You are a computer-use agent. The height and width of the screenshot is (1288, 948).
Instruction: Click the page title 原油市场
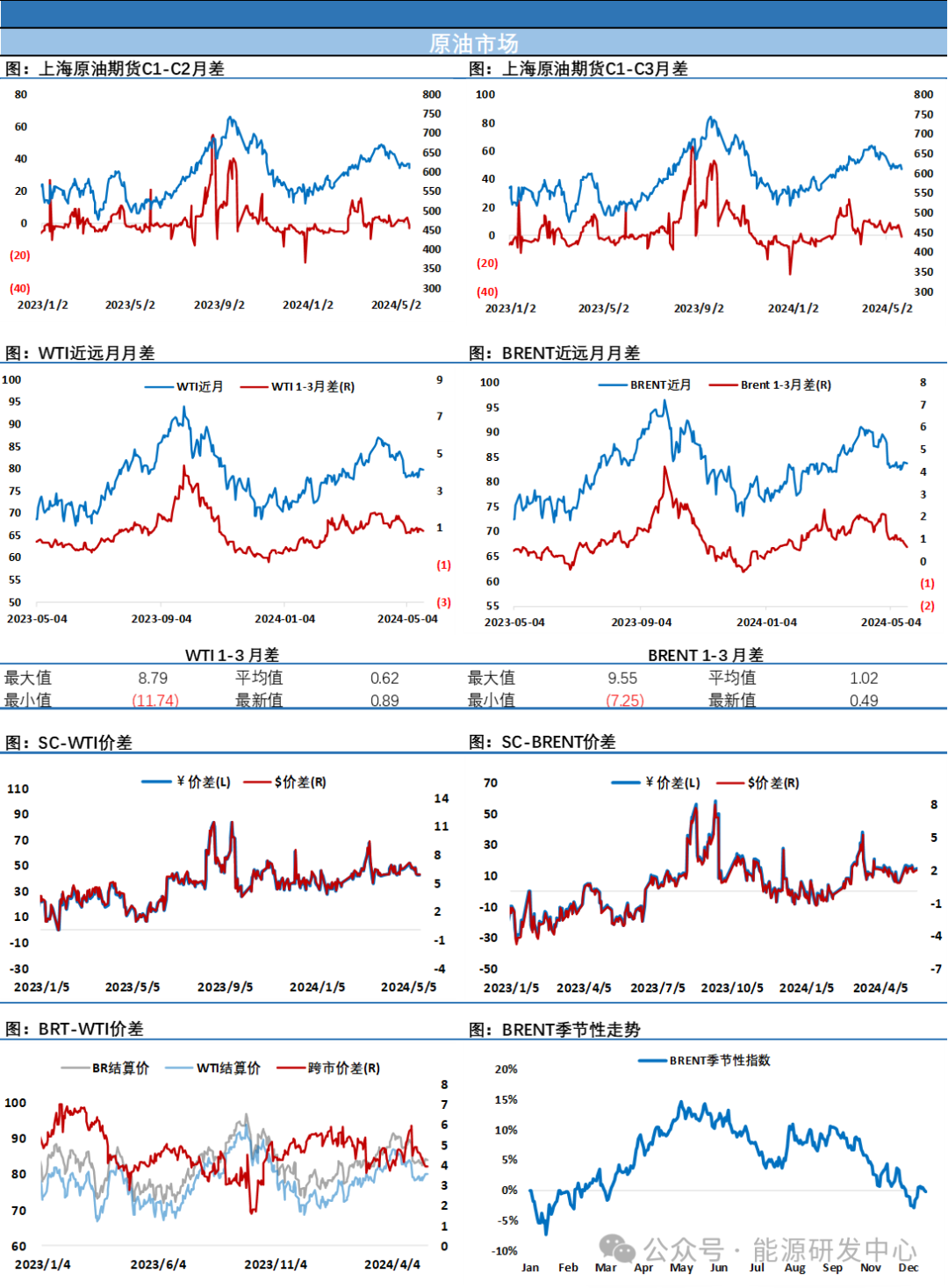pyautogui.click(x=474, y=43)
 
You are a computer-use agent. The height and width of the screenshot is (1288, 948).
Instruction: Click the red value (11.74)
pyautogui.click(x=155, y=700)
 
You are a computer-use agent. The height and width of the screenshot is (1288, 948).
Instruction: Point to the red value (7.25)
pyautogui.click(x=626, y=700)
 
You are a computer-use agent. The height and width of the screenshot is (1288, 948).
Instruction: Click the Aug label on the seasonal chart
pyautogui.click(x=794, y=1267)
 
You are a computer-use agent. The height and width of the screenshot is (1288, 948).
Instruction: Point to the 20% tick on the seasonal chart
pyautogui.click(x=506, y=1069)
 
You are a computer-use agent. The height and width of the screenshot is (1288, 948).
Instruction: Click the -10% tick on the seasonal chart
pyautogui.click(x=505, y=1250)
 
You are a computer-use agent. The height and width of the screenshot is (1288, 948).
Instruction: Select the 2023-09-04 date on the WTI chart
pyautogui.click(x=162, y=618)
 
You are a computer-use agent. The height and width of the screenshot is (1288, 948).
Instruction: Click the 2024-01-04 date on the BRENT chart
pyautogui.click(x=766, y=622)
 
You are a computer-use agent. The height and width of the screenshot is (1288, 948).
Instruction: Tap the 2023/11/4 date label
pyautogui.click(x=276, y=1264)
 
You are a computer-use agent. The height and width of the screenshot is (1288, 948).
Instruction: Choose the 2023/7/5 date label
pyautogui.click(x=657, y=988)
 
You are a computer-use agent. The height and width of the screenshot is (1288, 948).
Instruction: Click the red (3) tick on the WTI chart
pyautogui.click(x=444, y=602)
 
